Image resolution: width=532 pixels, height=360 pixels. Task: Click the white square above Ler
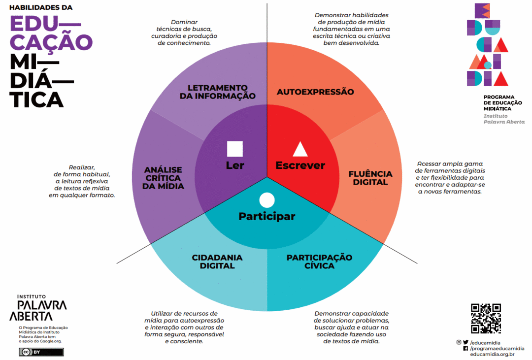(235, 149)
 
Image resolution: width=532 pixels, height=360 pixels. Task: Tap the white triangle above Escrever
(300, 149)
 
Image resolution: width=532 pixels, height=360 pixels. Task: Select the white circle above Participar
(266, 200)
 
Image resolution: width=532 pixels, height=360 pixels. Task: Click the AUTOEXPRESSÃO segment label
(315, 92)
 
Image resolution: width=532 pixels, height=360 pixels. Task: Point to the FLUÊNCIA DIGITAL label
(370, 178)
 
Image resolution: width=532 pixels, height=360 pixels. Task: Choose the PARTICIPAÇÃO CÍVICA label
(319, 262)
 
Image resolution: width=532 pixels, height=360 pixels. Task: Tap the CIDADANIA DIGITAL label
(217, 262)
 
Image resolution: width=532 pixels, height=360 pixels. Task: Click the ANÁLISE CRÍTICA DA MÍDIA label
(164, 178)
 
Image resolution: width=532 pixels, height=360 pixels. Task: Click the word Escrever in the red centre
(300, 165)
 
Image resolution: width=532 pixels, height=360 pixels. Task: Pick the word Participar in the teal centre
(267, 216)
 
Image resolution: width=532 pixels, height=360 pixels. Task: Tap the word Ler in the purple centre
(235, 165)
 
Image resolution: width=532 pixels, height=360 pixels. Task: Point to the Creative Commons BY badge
(41, 352)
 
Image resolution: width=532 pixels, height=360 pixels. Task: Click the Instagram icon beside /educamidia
(459, 342)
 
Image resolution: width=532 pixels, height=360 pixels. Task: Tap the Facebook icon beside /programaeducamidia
(465, 348)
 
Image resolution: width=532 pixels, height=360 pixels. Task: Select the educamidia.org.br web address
(492, 354)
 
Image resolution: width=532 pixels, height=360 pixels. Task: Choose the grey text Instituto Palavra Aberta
(504, 119)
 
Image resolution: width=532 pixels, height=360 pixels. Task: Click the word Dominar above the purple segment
(184, 22)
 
